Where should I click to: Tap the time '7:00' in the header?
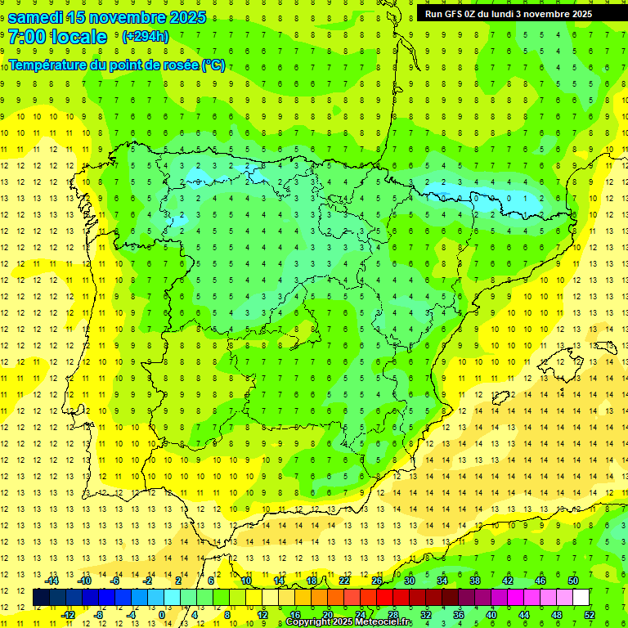click(26, 37)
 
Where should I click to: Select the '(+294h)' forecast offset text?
click(145, 37)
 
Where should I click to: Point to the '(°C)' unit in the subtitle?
click(213, 65)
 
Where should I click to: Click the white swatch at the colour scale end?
click(581, 598)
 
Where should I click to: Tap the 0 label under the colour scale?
click(163, 615)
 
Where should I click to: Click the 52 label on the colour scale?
click(590, 615)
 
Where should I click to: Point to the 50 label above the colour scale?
click(573, 581)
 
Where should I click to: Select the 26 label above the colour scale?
click(377, 581)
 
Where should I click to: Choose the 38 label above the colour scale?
click(475, 581)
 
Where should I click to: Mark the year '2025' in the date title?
click(184, 17)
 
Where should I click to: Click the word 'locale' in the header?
click(78, 37)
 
